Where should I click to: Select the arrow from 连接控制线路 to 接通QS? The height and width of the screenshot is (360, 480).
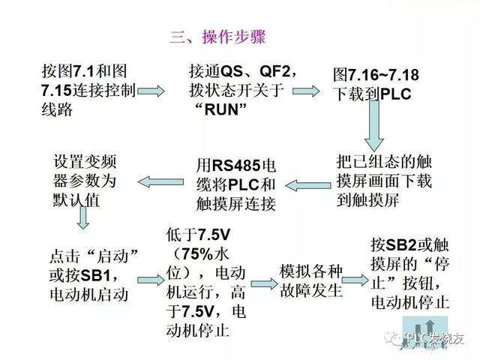(151, 91)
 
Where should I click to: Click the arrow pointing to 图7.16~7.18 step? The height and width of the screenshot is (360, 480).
(306, 91)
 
